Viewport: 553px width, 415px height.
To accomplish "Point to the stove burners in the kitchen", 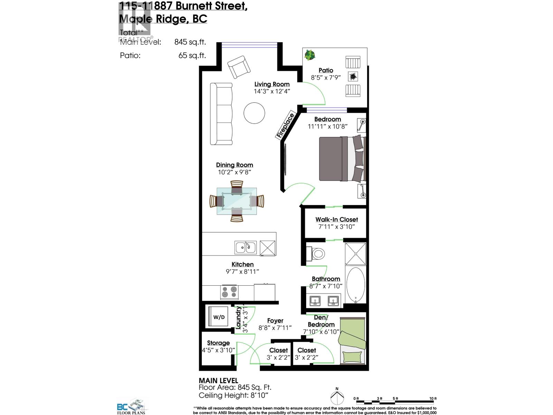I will point(229,292).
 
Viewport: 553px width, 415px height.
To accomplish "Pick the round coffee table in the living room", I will point(254,113).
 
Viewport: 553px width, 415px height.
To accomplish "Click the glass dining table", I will point(237,201).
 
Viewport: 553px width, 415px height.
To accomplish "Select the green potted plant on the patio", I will point(310,55).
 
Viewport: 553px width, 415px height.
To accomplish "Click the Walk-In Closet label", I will point(336,220).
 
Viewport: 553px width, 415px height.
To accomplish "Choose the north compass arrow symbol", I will point(337,397).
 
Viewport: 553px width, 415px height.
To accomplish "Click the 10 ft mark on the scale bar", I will point(433,399).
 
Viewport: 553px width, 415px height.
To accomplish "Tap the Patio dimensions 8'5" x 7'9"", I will point(326,78).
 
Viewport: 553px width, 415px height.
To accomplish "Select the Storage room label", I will point(218,343).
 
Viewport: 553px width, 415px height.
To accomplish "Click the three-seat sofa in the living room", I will point(221,114).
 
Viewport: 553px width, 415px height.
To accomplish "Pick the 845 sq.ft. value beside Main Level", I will point(190,42).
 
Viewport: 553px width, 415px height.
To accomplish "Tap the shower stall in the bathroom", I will point(355,253).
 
